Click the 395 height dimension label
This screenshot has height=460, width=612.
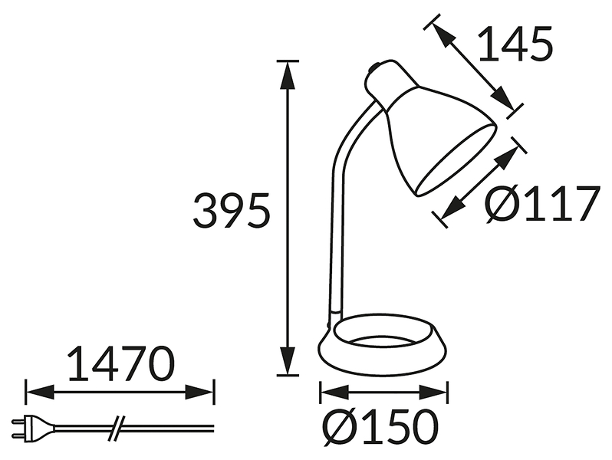[x=232, y=211]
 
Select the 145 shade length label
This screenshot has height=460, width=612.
[x=515, y=43]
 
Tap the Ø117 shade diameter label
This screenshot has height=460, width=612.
[x=543, y=203]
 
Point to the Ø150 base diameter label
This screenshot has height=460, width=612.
[x=381, y=427]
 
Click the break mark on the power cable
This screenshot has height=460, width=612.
[x=117, y=428]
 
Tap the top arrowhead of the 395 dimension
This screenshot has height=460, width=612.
[x=288, y=77]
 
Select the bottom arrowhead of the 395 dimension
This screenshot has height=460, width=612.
[x=288, y=360]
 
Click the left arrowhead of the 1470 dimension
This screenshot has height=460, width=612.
[x=40, y=392]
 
